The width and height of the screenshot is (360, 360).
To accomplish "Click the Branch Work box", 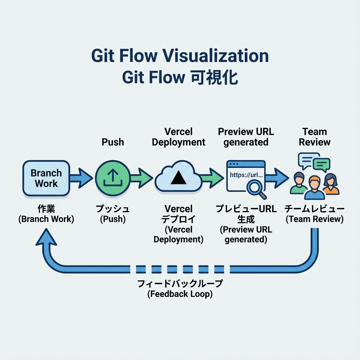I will (x=46, y=178).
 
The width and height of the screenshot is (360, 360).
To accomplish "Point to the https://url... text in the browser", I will (x=246, y=174).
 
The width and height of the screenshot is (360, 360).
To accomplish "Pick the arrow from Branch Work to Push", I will (x=82, y=178).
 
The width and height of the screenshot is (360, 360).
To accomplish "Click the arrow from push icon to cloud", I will (x=142, y=178).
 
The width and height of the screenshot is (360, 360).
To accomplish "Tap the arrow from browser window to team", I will (x=277, y=178).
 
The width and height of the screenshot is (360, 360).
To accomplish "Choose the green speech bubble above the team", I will (x=321, y=164).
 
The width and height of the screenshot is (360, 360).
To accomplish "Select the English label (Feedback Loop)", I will (x=180, y=294).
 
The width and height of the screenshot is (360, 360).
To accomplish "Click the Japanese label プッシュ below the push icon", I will (x=112, y=209).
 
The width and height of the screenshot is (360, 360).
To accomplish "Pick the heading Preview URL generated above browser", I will (x=246, y=137).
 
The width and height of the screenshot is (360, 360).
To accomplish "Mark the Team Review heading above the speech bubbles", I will (x=315, y=137).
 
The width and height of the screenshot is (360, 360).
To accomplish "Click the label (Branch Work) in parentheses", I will (x=46, y=219).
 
